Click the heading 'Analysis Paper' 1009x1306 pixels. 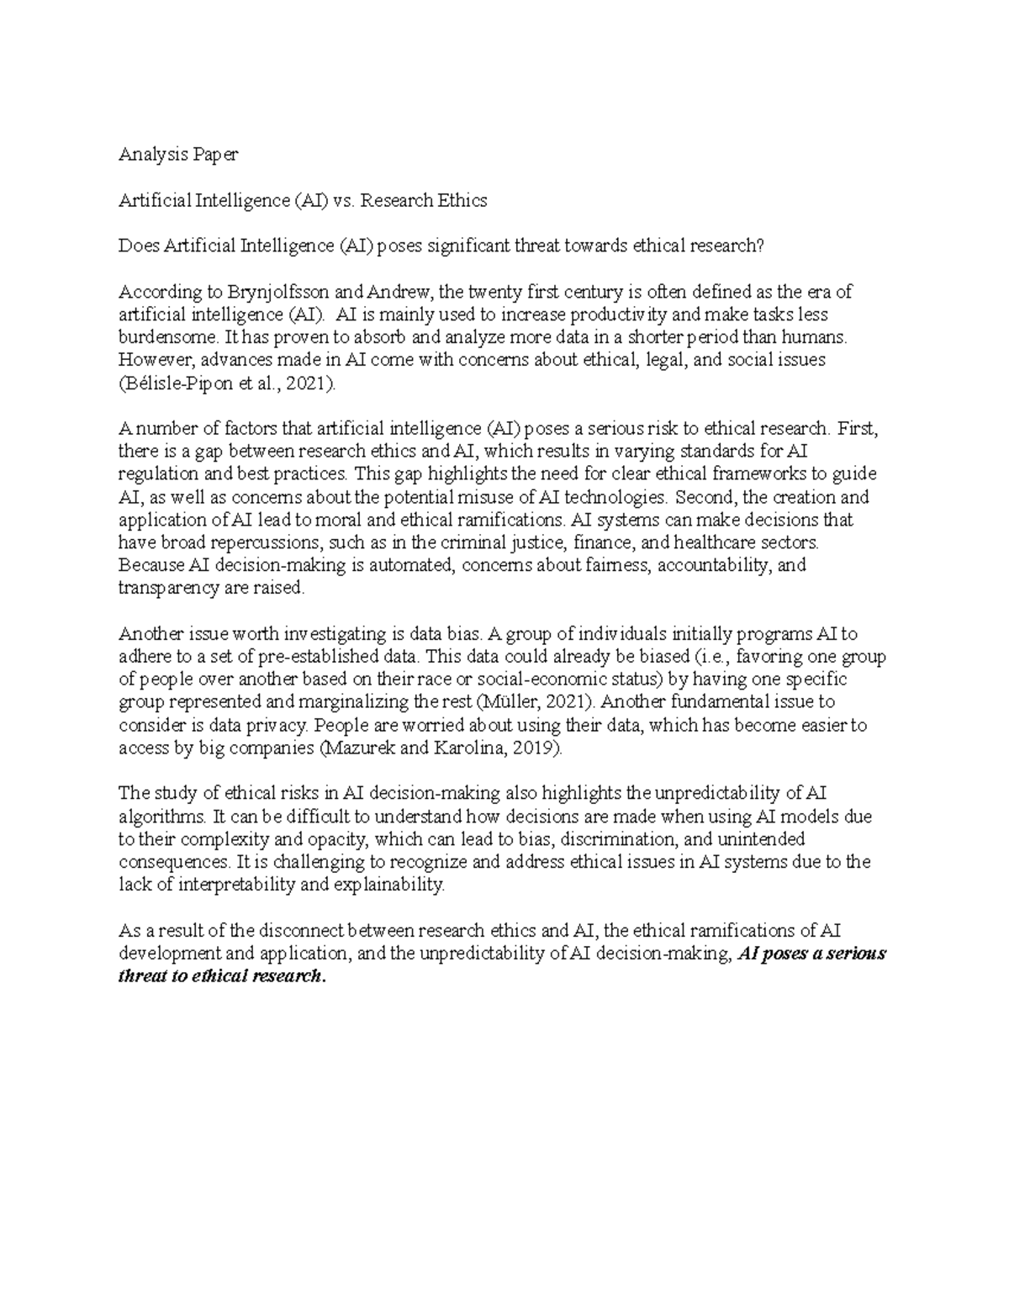pos(178,155)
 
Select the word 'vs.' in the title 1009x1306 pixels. pos(346,200)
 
